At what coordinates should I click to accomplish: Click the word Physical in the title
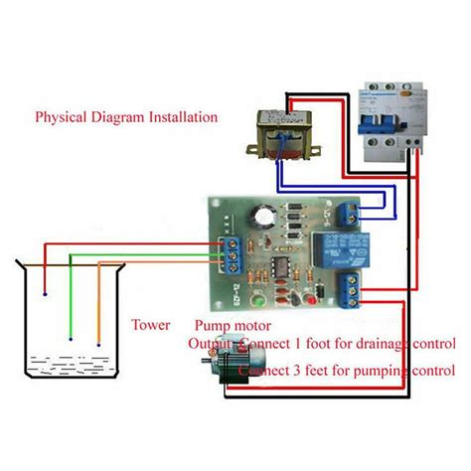[62, 117]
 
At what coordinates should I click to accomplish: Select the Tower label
[149, 325]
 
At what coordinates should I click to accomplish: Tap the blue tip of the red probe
[46, 295]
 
